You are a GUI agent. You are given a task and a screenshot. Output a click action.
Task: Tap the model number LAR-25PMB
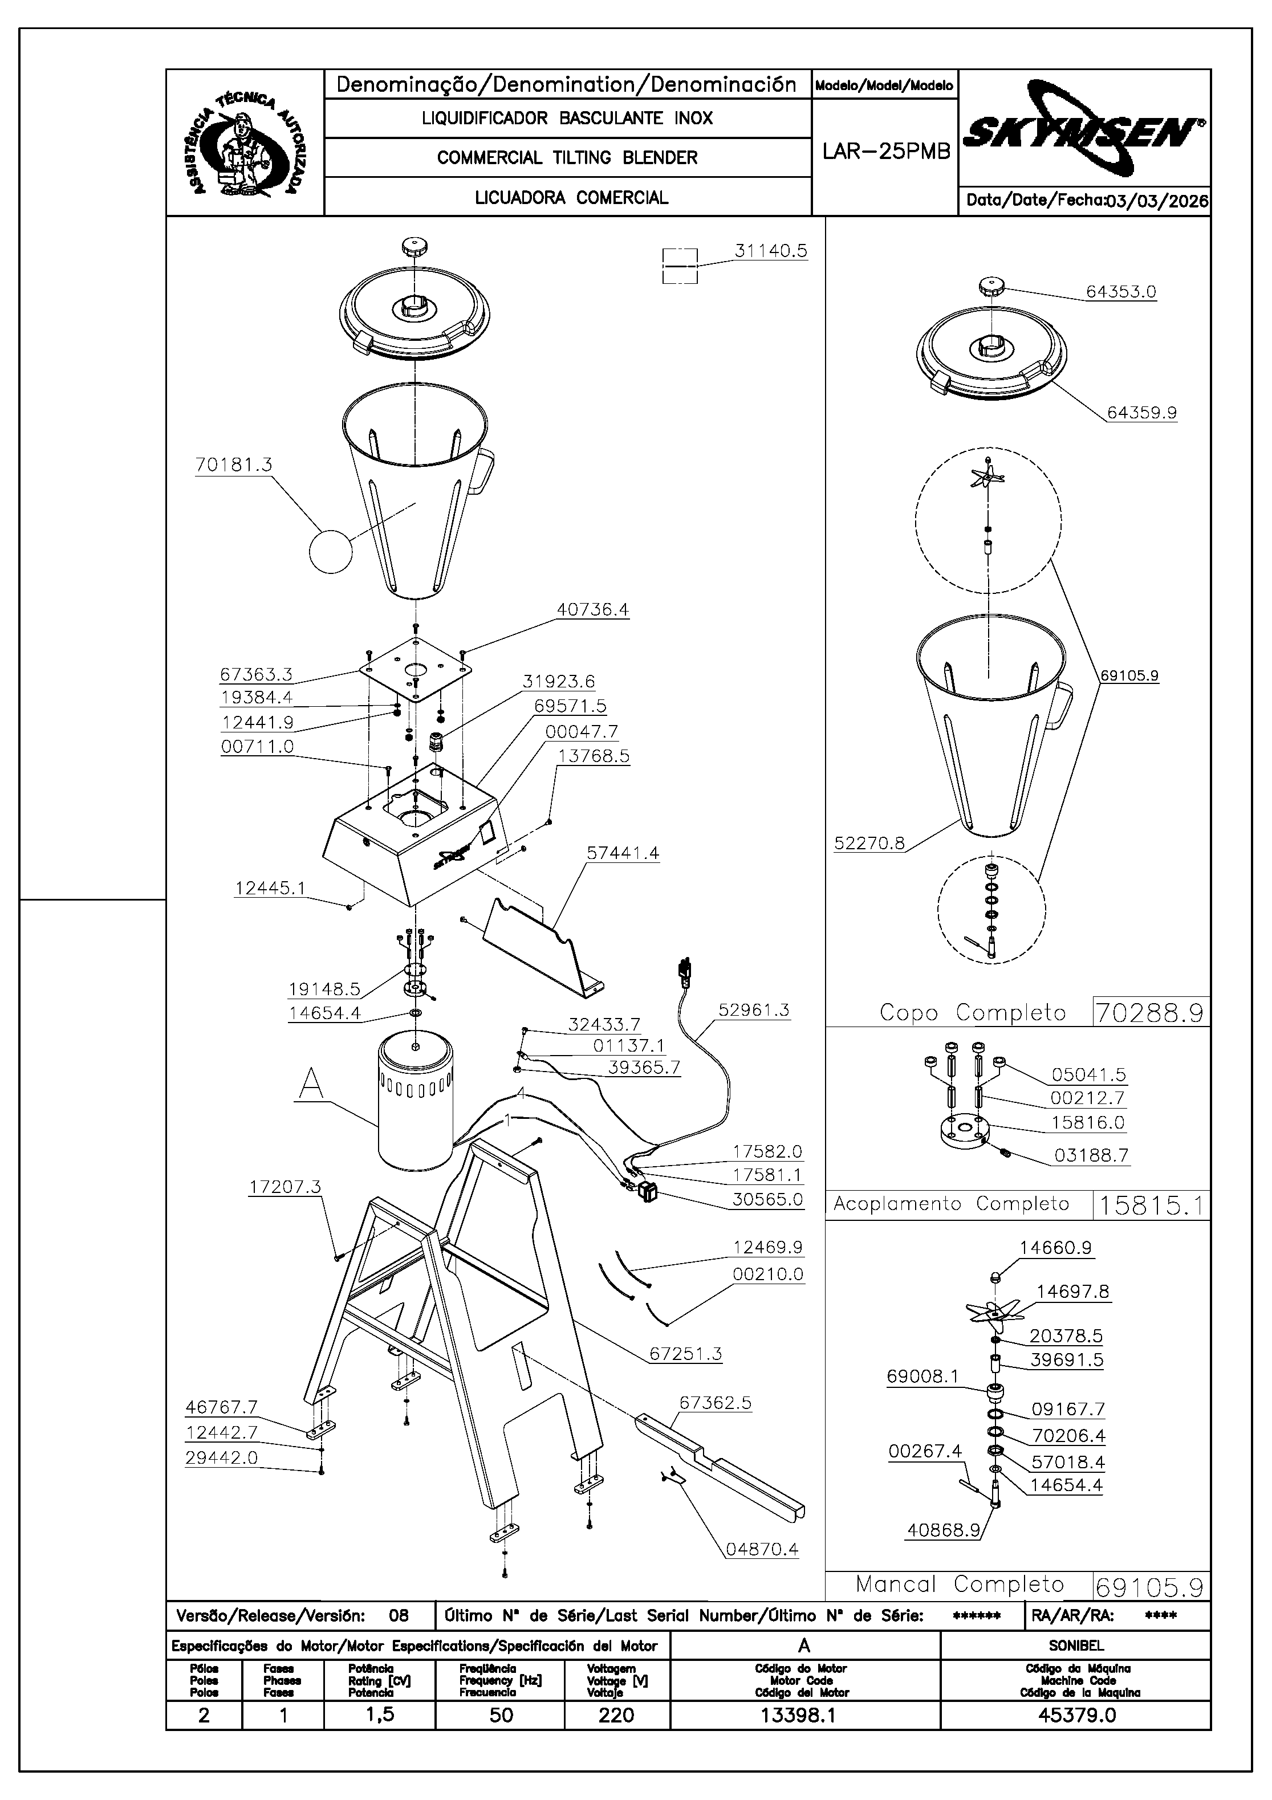(885, 151)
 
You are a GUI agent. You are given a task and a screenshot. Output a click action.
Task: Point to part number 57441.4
(623, 853)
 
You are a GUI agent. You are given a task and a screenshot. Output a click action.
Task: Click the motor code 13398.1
(798, 1715)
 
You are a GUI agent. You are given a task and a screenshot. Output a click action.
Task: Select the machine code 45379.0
(1076, 1715)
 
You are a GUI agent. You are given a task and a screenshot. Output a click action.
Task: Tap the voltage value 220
(616, 1715)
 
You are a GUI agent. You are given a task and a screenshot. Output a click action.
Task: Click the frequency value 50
(501, 1715)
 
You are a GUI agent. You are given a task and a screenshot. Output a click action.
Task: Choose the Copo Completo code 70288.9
(1149, 1013)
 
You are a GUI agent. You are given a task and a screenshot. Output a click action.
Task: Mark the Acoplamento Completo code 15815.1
(1149, 1204)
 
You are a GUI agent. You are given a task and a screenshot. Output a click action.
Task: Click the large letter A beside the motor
(311, 1086)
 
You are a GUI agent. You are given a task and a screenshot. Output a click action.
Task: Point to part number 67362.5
(715, 1403)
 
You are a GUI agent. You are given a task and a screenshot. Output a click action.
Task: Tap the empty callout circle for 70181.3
(331, 552)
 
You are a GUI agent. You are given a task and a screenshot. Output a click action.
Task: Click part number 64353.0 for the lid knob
(1121, 292)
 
